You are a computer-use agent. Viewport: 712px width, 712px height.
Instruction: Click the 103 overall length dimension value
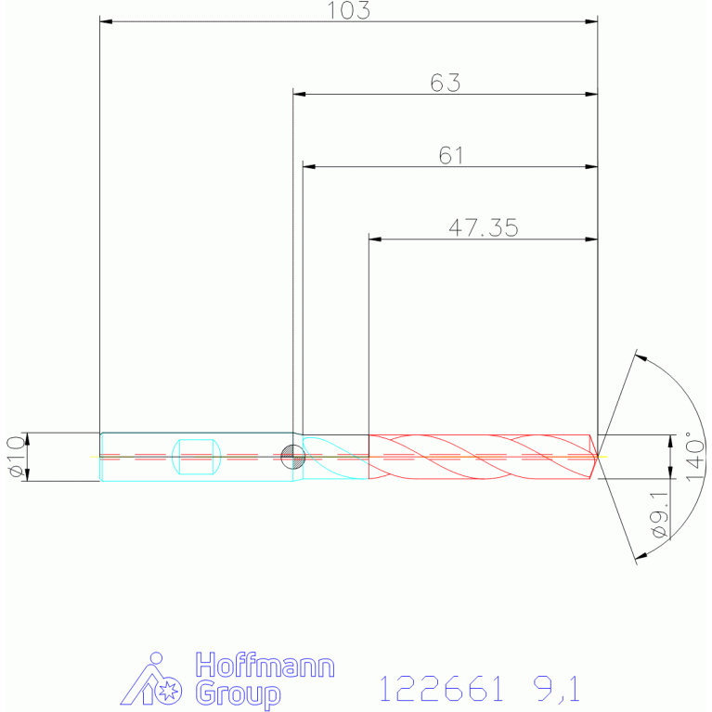click(x=349, y=10)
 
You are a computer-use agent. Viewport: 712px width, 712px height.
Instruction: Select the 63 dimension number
click(x=445, y=83)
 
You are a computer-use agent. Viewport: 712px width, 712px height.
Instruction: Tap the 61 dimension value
click(x=451, y=155)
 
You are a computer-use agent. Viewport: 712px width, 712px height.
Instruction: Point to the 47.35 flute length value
click(x=483, y=227)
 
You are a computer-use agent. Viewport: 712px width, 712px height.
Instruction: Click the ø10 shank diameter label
click(x=17, y=457)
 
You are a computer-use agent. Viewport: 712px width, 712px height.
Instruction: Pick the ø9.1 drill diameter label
click(x=660, y=514)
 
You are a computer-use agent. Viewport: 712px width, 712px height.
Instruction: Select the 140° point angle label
click(x=694, y=457)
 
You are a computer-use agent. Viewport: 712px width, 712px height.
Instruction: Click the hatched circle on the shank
click(x=293, y=457)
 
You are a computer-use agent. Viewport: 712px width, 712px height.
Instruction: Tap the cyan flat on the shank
click(x=197, y=457)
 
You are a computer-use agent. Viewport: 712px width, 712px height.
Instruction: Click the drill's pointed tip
click(x=598, y=457)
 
